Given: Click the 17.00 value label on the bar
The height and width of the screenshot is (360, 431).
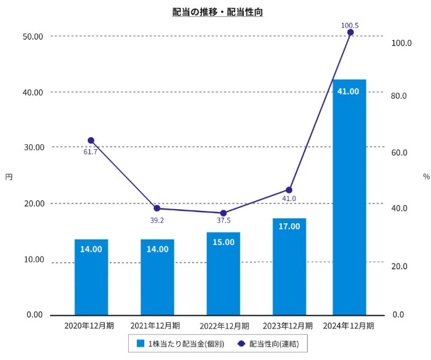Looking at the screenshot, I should point(289,226).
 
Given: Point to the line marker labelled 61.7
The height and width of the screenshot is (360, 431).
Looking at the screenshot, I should point(91,140).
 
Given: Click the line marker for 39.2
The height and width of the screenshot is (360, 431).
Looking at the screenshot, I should point(157,208).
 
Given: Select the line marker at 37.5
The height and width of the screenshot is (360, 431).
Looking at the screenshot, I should point(224,213).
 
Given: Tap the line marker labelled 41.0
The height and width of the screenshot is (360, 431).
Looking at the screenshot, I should point(289,190).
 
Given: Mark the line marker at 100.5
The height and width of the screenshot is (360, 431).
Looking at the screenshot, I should point(350,32).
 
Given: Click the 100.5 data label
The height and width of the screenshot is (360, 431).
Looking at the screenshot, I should point(350,25).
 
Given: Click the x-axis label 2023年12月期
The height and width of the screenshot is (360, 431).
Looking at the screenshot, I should point(287,325).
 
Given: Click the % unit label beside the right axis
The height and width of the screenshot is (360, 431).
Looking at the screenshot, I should point(426,176).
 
